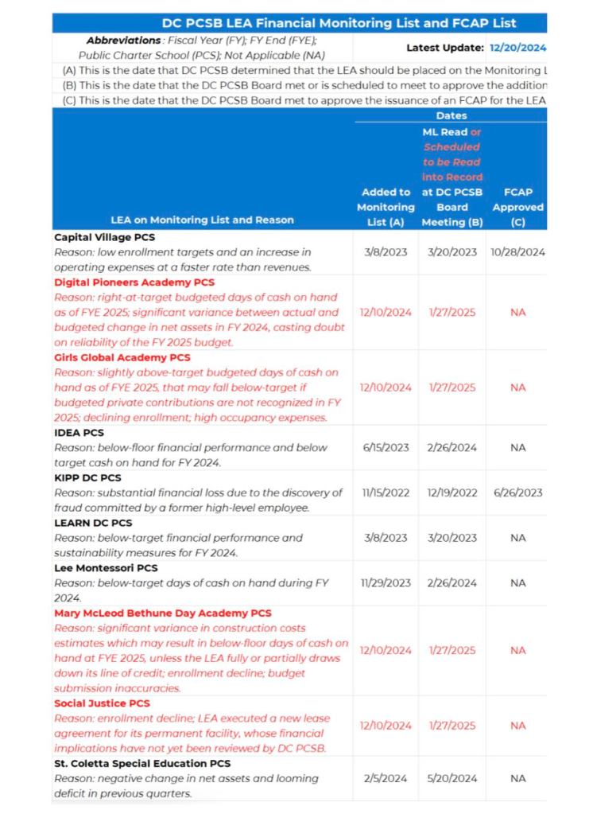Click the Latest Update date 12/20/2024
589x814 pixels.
click(x=518, y=48)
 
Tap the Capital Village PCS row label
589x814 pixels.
click(x=104, y=237)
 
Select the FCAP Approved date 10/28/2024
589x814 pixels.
click(x=518, y=252)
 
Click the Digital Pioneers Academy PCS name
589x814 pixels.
click(x=134, y=282)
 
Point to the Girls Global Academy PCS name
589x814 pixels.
click(x=122, y=358)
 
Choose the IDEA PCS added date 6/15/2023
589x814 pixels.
click(x=386, y=447)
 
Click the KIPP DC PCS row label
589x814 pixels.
click(x=87, y=478)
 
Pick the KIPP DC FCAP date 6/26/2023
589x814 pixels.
click(x=518, y=493)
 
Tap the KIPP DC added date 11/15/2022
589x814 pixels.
click(x=386, y=493)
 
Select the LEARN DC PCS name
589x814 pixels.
click(x=93, y=523)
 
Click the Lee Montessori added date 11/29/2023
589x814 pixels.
click(x=386, y=582)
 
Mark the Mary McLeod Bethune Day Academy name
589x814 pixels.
click(x=163, y=613)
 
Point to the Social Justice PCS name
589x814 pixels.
click(x=99, y=703)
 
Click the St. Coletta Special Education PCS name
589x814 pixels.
click(x=141, y=763)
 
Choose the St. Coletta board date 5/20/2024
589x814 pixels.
click(x=451, y=778)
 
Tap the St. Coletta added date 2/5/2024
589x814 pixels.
click(x=386, y=778)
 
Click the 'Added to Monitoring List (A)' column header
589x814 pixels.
click(x=386, y=207)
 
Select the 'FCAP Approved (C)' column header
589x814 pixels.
click(x=518, y=207)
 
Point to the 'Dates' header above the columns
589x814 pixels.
click(x=451, y=116)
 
